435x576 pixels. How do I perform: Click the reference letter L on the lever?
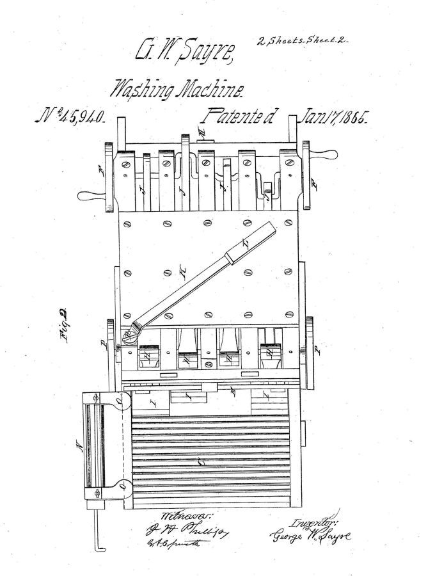[247, 244]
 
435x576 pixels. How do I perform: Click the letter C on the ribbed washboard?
[202, 459]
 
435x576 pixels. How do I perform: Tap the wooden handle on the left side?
[90, 195]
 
